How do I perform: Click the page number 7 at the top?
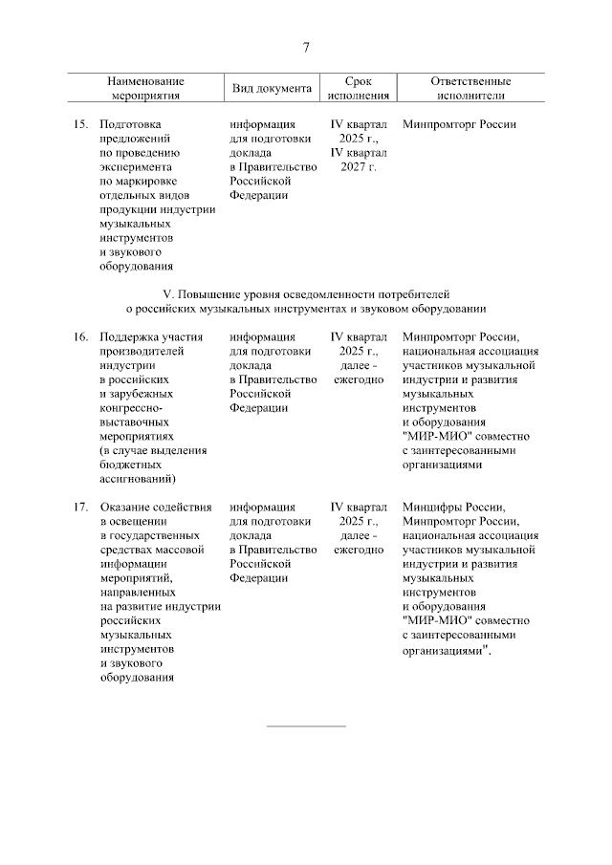pos(306,48)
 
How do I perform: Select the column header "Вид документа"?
pos(273,89)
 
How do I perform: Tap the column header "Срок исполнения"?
pos(358,89)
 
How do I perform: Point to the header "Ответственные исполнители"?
pos(470,89)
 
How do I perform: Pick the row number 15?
pos(81,124)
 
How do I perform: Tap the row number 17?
pos(81,507)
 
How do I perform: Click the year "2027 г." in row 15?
pos(359,167)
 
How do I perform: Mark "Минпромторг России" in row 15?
pos(460,124)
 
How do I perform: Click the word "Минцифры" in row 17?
pos(429,507)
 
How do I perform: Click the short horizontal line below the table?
pos(305,726)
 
